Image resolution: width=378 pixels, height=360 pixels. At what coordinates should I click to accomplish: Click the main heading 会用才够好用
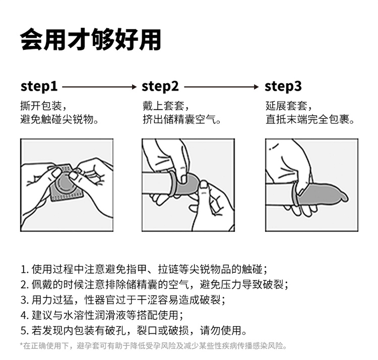[x=91, y=39]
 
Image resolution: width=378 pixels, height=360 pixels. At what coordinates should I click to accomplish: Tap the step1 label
[x=39, y=86]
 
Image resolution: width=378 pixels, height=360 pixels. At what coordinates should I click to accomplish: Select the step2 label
[x=160, y=86]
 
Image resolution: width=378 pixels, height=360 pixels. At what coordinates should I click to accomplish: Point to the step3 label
[x=283, y=86]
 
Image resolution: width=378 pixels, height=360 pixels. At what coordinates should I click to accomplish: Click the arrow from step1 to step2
[x=99, y=87]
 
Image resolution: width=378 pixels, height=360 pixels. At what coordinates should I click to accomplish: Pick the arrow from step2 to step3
[x=221, y=87]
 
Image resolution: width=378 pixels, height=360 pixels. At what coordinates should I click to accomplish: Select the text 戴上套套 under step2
[x=166, y=106]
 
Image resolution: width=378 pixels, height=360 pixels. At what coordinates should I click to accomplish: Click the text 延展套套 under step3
[x=289, y=106]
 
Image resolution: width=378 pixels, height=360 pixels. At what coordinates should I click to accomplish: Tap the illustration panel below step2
[x=188, y=185]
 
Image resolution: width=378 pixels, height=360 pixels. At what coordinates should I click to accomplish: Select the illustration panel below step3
[x=311, y=185]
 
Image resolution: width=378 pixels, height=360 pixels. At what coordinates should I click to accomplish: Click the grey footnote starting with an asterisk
[x=153, y=346]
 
